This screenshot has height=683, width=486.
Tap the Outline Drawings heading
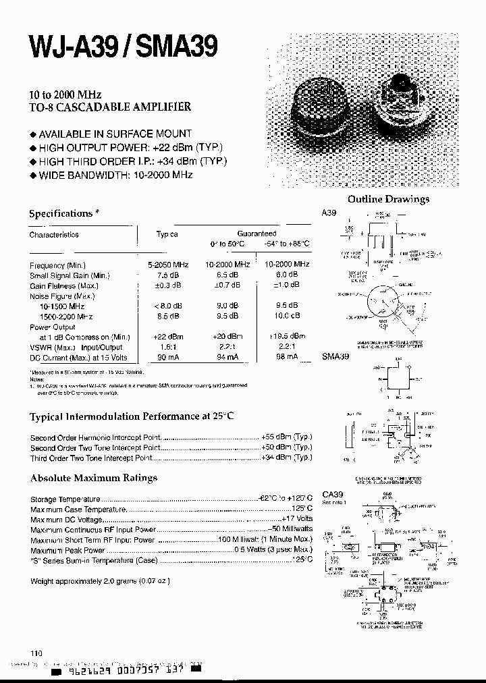[x=388, y=199]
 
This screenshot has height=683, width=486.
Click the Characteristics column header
[x=54, y=235]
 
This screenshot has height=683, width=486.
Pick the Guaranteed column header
[x=256, y=234]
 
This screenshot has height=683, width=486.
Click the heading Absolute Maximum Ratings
[x=94, y=478]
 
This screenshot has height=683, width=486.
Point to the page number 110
[x=36, y=653]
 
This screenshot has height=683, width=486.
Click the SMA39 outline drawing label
[x=335, y=356]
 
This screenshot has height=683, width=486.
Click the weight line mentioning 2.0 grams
[x=101, y=581]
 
